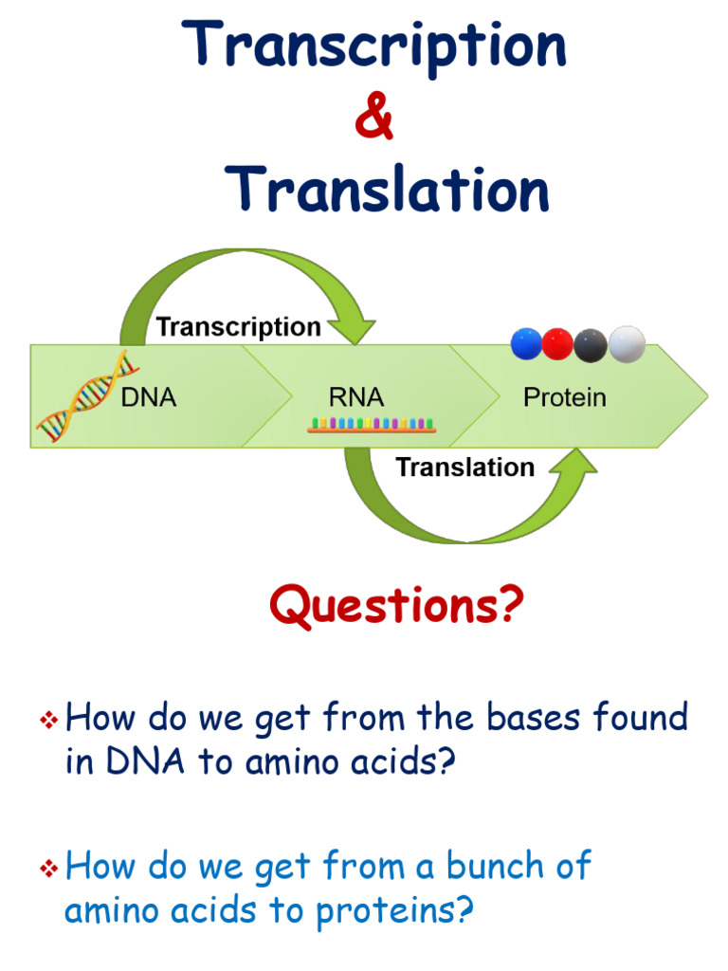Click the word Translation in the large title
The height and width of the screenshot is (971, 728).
[388, 189]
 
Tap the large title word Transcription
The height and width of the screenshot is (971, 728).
[376, 46]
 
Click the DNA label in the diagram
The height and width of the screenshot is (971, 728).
[149, 397]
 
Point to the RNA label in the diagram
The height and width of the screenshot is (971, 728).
[356, 397]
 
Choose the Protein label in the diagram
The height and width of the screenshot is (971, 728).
[564, 397]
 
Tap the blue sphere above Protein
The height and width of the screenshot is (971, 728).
[526, 343]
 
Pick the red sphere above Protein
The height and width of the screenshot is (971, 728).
[557, 343]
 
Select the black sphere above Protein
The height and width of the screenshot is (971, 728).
[591, 343]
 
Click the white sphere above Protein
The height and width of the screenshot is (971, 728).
[627, 343]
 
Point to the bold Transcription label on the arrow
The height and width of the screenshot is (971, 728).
[238, 327]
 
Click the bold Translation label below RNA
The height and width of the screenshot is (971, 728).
[464, 467]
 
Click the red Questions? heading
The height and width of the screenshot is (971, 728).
[395, 607]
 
